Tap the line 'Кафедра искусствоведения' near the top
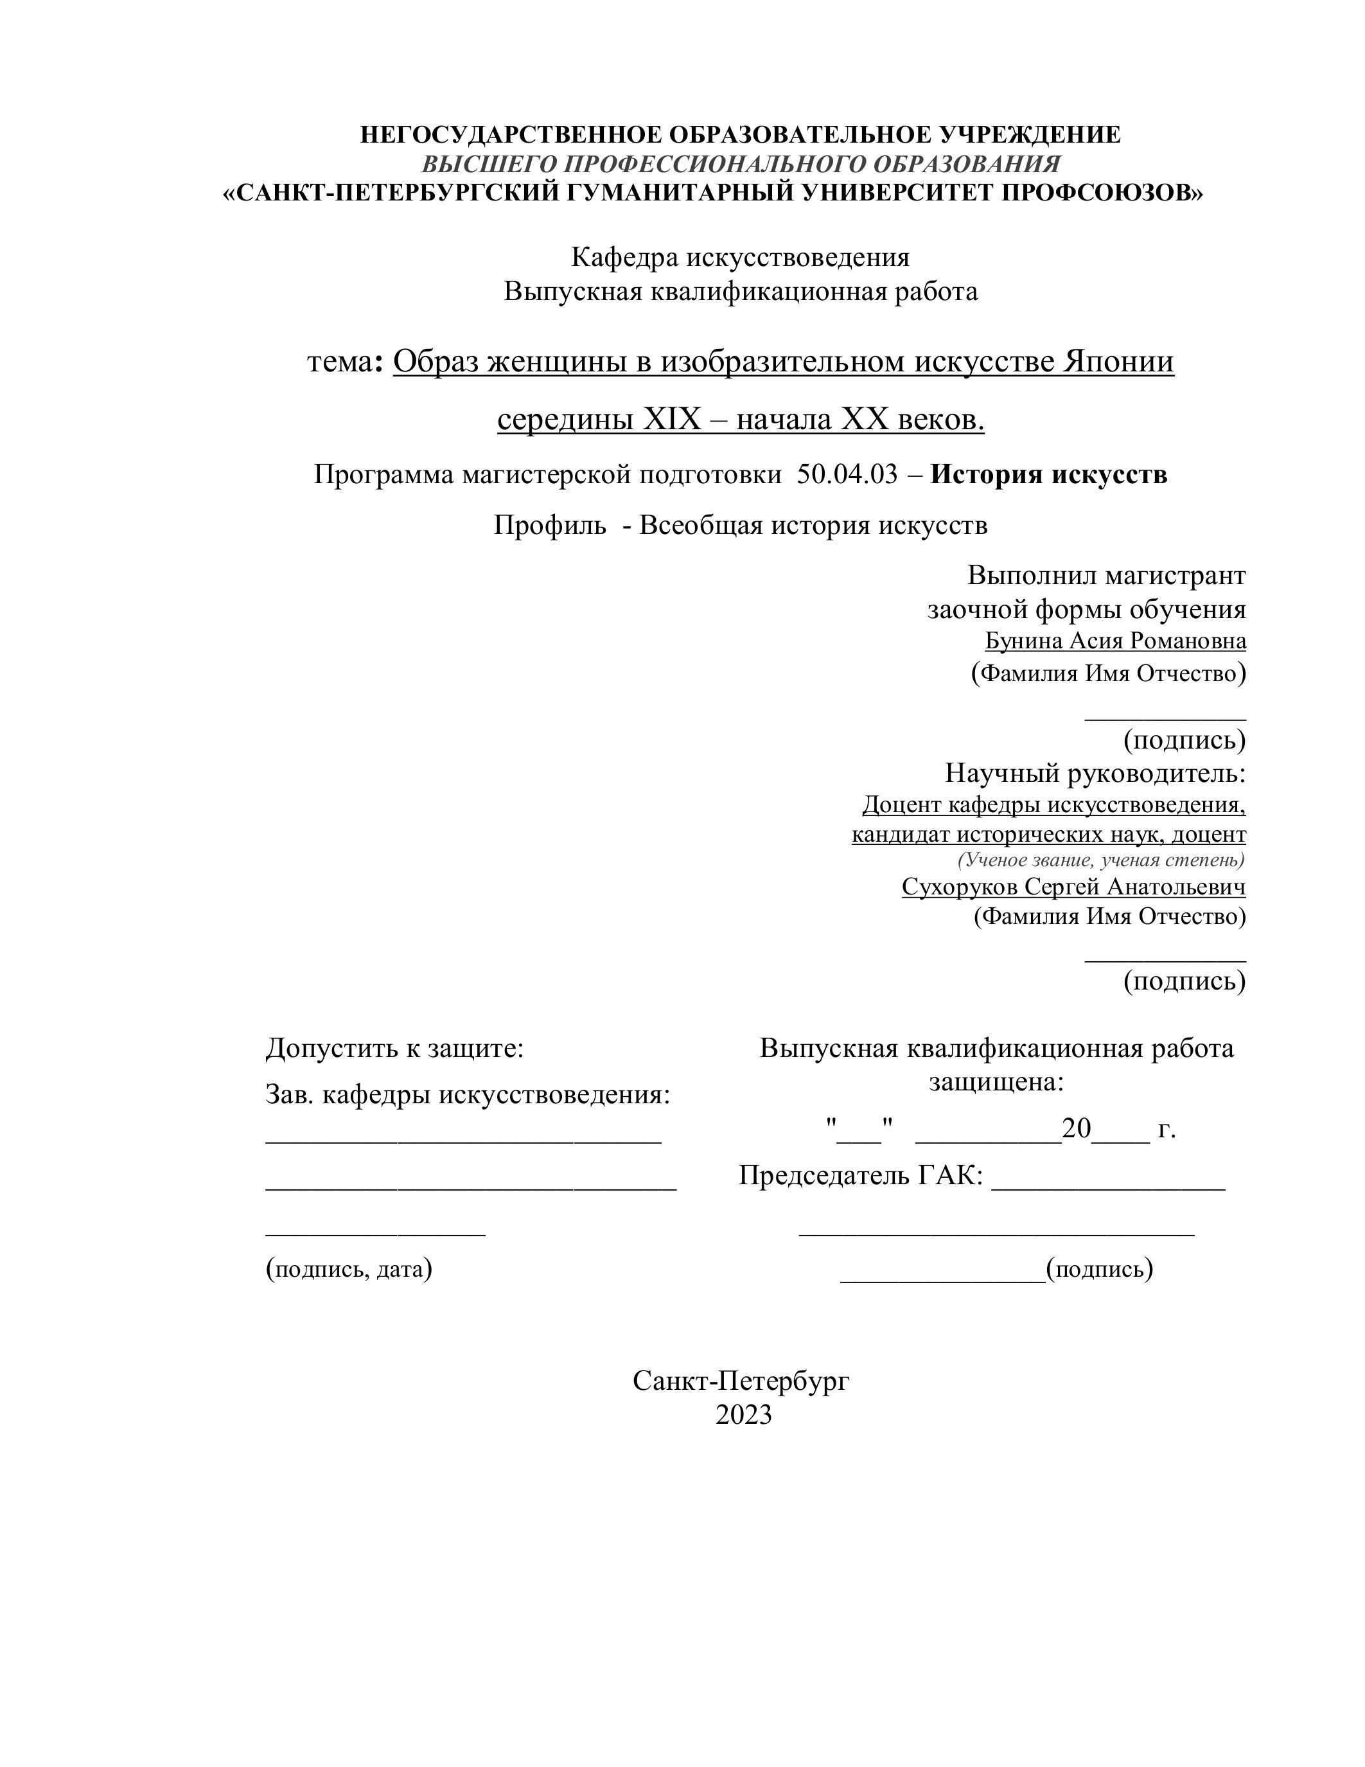[740, 257]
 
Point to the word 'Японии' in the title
[1118, 362]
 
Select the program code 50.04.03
[847, 474]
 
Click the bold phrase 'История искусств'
[1048, 474]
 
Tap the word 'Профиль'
[550, 526]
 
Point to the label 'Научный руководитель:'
[1095, 774]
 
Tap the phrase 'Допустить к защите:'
[394, 1049]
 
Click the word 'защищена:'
[996, 1081]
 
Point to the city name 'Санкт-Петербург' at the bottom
[741, 1380]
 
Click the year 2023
[743, 1414]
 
